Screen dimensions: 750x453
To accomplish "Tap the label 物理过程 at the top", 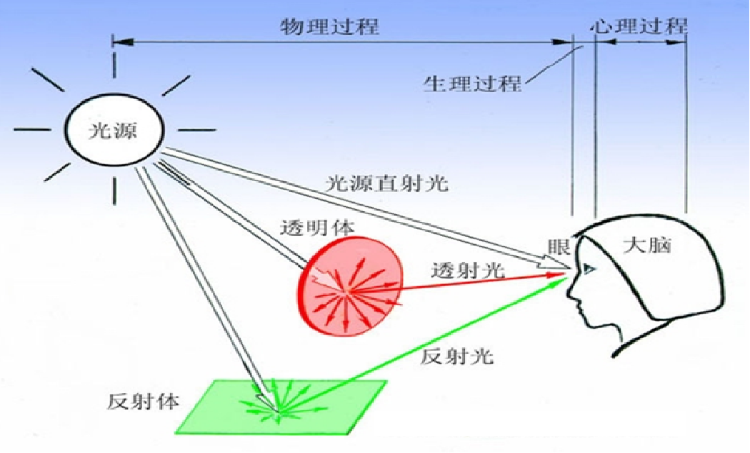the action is (x=329, y=27).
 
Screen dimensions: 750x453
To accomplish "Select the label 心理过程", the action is (x=640, y=27).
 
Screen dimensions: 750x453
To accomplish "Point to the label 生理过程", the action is (x=471, y=83).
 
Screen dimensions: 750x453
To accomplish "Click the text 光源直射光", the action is (x=386, y=183).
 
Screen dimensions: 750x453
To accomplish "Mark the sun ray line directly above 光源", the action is (x=114, y=68).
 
